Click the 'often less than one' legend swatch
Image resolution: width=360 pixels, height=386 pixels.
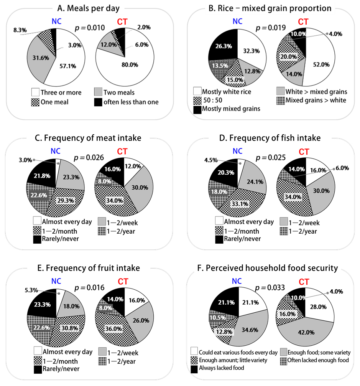click(x=99, y=102)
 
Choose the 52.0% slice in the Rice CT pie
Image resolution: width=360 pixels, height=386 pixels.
click(x=321, y=65)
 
